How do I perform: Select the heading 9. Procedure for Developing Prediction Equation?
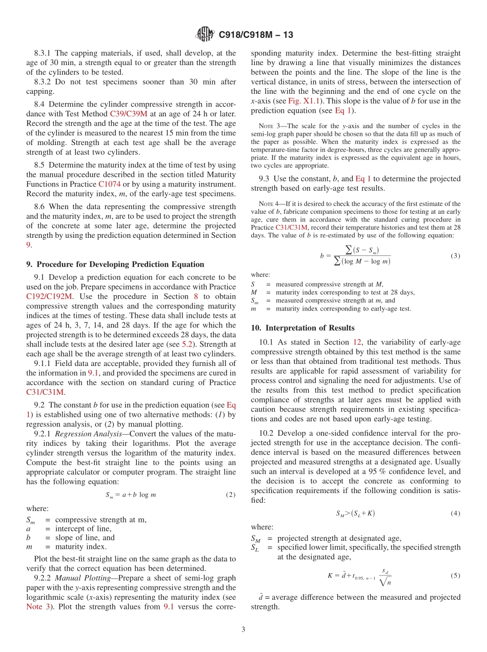(x=115, y=264)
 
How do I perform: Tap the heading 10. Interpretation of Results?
(x=302, y=328)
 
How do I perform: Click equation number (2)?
(x=230, y=495)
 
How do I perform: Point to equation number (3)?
(x=455, y=256)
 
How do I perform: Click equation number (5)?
(x=455, y=575)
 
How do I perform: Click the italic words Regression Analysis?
(x=84, y=434)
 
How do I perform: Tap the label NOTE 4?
(x=269, y=204)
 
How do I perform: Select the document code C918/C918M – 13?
(x=256, y=35)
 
